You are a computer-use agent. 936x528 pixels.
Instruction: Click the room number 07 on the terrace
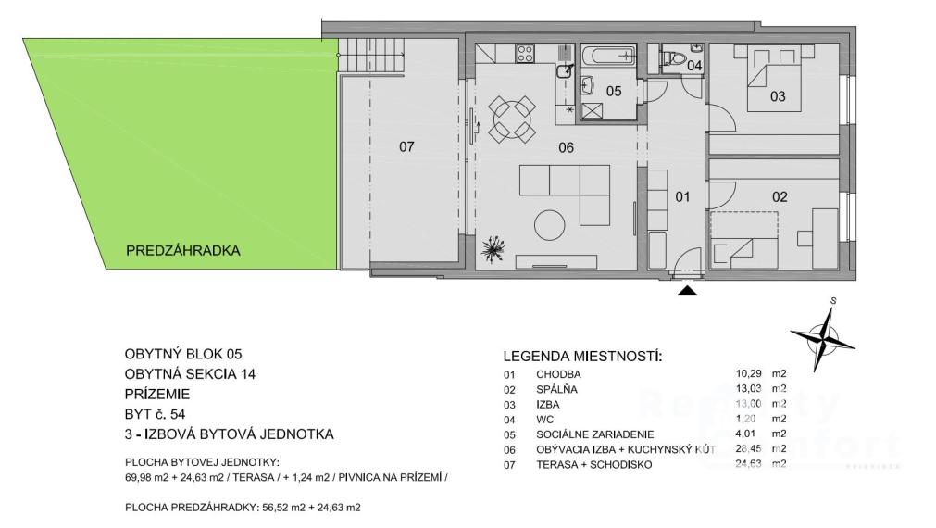tap(406, 146)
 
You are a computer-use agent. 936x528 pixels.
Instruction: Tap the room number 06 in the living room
tap(566, 147)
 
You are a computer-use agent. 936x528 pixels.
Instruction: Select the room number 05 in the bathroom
tap(614, 91)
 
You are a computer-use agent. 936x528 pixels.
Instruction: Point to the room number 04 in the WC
tap(694, 66)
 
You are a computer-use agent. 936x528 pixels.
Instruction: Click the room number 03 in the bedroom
tap(778, 95)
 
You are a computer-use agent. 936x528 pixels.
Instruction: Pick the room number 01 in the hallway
tap(682, 196)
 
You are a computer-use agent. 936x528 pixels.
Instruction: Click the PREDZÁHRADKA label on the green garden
tap(182, 250)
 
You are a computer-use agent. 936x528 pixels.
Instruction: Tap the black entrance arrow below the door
tap(688, 291)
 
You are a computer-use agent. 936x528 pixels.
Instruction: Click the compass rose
tap(823, 334)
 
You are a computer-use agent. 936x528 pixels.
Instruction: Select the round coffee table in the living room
tap(550, 224)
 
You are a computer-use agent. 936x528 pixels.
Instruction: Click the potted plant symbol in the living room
tap(494, 248)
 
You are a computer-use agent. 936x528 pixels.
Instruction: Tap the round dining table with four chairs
tap(512, 119)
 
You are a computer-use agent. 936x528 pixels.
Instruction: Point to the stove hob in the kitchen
tap(525, 54)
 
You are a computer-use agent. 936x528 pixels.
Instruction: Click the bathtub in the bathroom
tap(609, 57)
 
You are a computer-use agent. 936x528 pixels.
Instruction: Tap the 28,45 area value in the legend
tap(749, 449)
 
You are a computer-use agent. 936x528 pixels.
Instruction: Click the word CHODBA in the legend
tap(558, 374)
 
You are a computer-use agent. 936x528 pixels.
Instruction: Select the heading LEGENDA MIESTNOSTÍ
tap(582, 358)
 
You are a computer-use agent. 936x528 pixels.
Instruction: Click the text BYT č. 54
tap(156, 414)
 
